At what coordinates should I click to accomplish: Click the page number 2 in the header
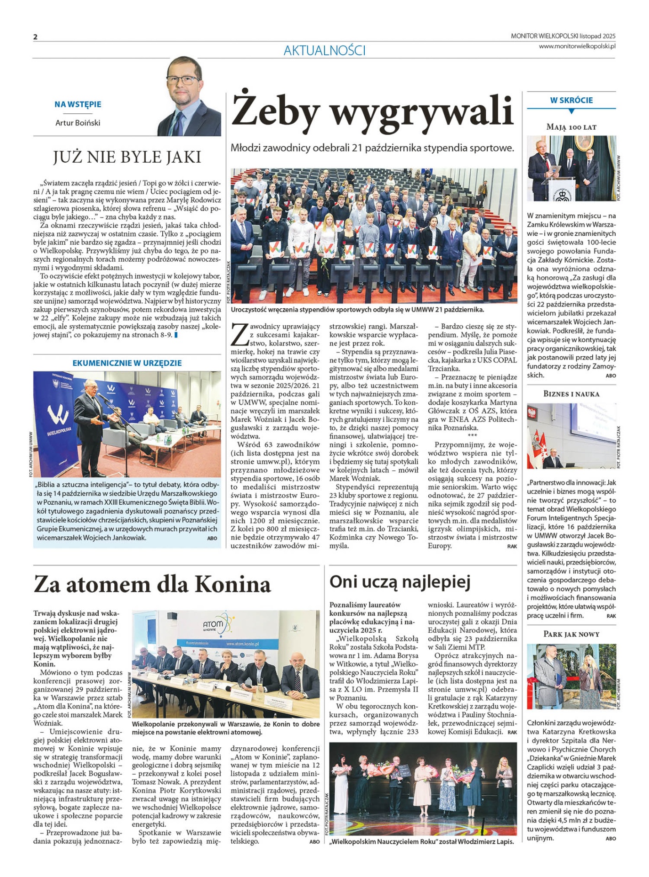pos(35,37)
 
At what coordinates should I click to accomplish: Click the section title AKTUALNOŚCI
pos(324,51)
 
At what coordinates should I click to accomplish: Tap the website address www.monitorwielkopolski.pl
pos(577,46)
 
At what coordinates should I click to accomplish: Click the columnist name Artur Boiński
pos(78,123)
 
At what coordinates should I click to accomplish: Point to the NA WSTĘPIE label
pos(78,105)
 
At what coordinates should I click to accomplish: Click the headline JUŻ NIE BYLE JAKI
pos(127,157)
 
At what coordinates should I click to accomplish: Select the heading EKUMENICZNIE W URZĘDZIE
pos(127,363)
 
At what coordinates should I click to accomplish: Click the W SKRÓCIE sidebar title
pos(571,100)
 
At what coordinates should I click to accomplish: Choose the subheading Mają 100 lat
pos(571,127)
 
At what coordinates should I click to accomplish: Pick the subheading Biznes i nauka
pos(571,394)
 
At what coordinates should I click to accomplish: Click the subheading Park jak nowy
pos(571,634)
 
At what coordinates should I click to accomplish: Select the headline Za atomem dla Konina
pos(152,585)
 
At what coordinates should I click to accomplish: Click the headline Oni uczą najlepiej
pos(400,582)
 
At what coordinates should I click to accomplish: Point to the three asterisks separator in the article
pos(472,436)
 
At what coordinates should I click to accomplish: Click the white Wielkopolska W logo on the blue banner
pos(59,415)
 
